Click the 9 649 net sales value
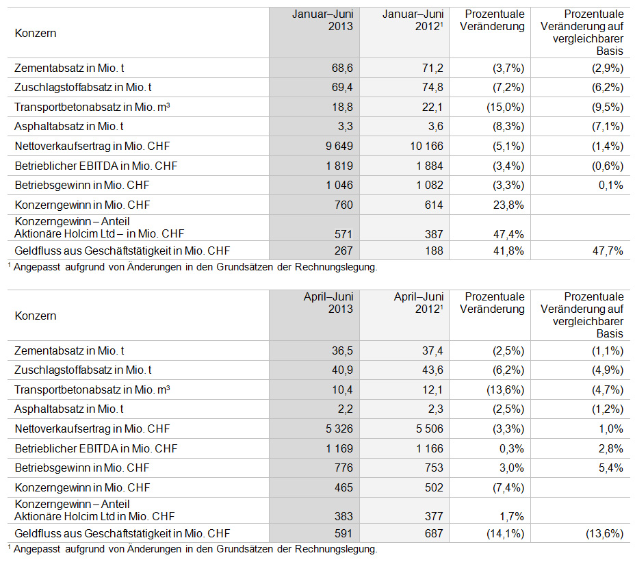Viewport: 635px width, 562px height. [x=339, y=146]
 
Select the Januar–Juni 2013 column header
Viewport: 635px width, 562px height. [x=323, y=21]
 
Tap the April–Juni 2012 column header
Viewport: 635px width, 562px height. [x=419, y=303]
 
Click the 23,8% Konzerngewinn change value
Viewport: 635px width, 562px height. [x=508, y=205]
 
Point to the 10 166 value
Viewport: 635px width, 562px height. [x=427, y=146]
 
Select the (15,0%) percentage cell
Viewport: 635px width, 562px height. [x=506, y=107]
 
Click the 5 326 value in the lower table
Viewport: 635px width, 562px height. [x=339, y=429]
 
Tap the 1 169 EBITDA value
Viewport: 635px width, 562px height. [x=339, y=448]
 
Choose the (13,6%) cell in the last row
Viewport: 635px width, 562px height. [x=605, y=534]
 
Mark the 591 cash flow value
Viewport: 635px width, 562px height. [x=344, y=534]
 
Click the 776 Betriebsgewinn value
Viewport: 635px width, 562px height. [x=344, y=468]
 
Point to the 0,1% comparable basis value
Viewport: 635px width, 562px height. [x=611, y=186]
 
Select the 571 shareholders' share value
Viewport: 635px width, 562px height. [x=344, y=234]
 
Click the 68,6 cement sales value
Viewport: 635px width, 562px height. [x=342, y=68]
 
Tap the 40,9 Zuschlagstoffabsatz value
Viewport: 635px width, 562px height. [x=342, y=370]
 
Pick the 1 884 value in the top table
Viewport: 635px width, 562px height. [x=430, y=166]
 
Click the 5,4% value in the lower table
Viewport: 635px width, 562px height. [x=611, y=468]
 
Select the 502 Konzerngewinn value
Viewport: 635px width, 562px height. [x=434, y=487]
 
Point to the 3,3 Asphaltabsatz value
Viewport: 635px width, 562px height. [x=346, y=127]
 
